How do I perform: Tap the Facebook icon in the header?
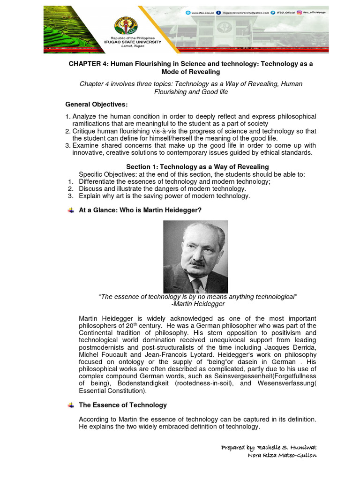(x=218, y=13)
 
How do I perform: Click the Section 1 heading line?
(x=197, y=167)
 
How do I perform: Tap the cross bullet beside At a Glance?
(x=70, y=210)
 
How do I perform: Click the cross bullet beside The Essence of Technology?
(x=70, y=405)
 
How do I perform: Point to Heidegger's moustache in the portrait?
(x=198, y=263)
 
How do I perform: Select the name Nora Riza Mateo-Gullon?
(x=282, y=456)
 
